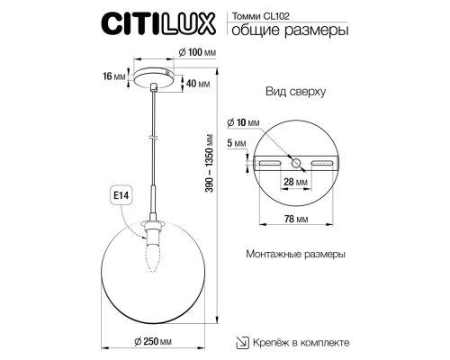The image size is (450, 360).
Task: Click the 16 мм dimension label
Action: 114,77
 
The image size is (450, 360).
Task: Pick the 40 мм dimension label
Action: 197,84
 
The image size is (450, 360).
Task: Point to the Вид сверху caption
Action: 301,93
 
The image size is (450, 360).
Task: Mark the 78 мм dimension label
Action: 297,219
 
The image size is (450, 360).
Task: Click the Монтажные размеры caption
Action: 295,255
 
